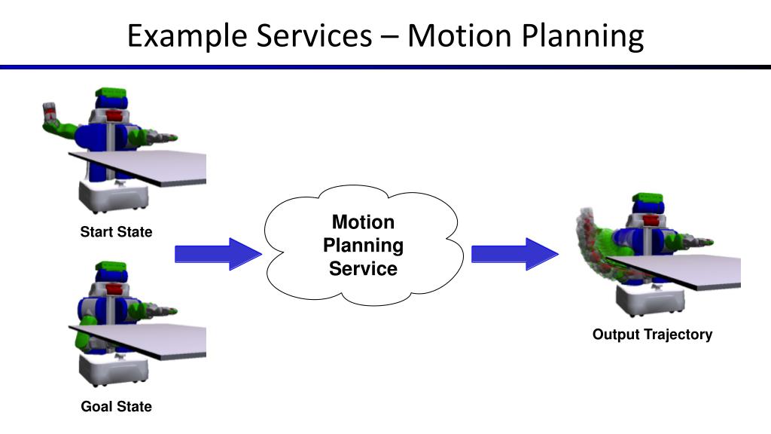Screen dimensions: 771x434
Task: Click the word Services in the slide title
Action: [314, 35]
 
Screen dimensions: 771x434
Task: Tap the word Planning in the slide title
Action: [582, 37]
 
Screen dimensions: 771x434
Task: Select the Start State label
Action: [116, 232]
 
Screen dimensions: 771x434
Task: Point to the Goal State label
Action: [116, 406]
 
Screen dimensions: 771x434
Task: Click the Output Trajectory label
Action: [652, 335]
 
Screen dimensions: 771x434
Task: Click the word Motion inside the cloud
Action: [363, 222]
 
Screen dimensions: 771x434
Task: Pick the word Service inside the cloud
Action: [363, 269]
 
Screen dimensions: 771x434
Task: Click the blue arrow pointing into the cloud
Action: [218, 254]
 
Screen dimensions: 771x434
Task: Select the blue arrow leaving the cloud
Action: [515, 254]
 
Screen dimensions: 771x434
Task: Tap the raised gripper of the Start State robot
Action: [49, 112]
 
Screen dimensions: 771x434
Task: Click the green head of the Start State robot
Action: [111, 93]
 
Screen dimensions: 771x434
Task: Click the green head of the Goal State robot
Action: [111, 266]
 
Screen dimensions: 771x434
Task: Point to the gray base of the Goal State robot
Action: [114, 368]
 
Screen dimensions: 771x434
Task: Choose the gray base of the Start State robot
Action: [114, 196]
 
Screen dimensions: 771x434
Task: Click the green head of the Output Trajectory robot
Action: [647, 198]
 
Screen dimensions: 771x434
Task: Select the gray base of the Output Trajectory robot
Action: [650, 299]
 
